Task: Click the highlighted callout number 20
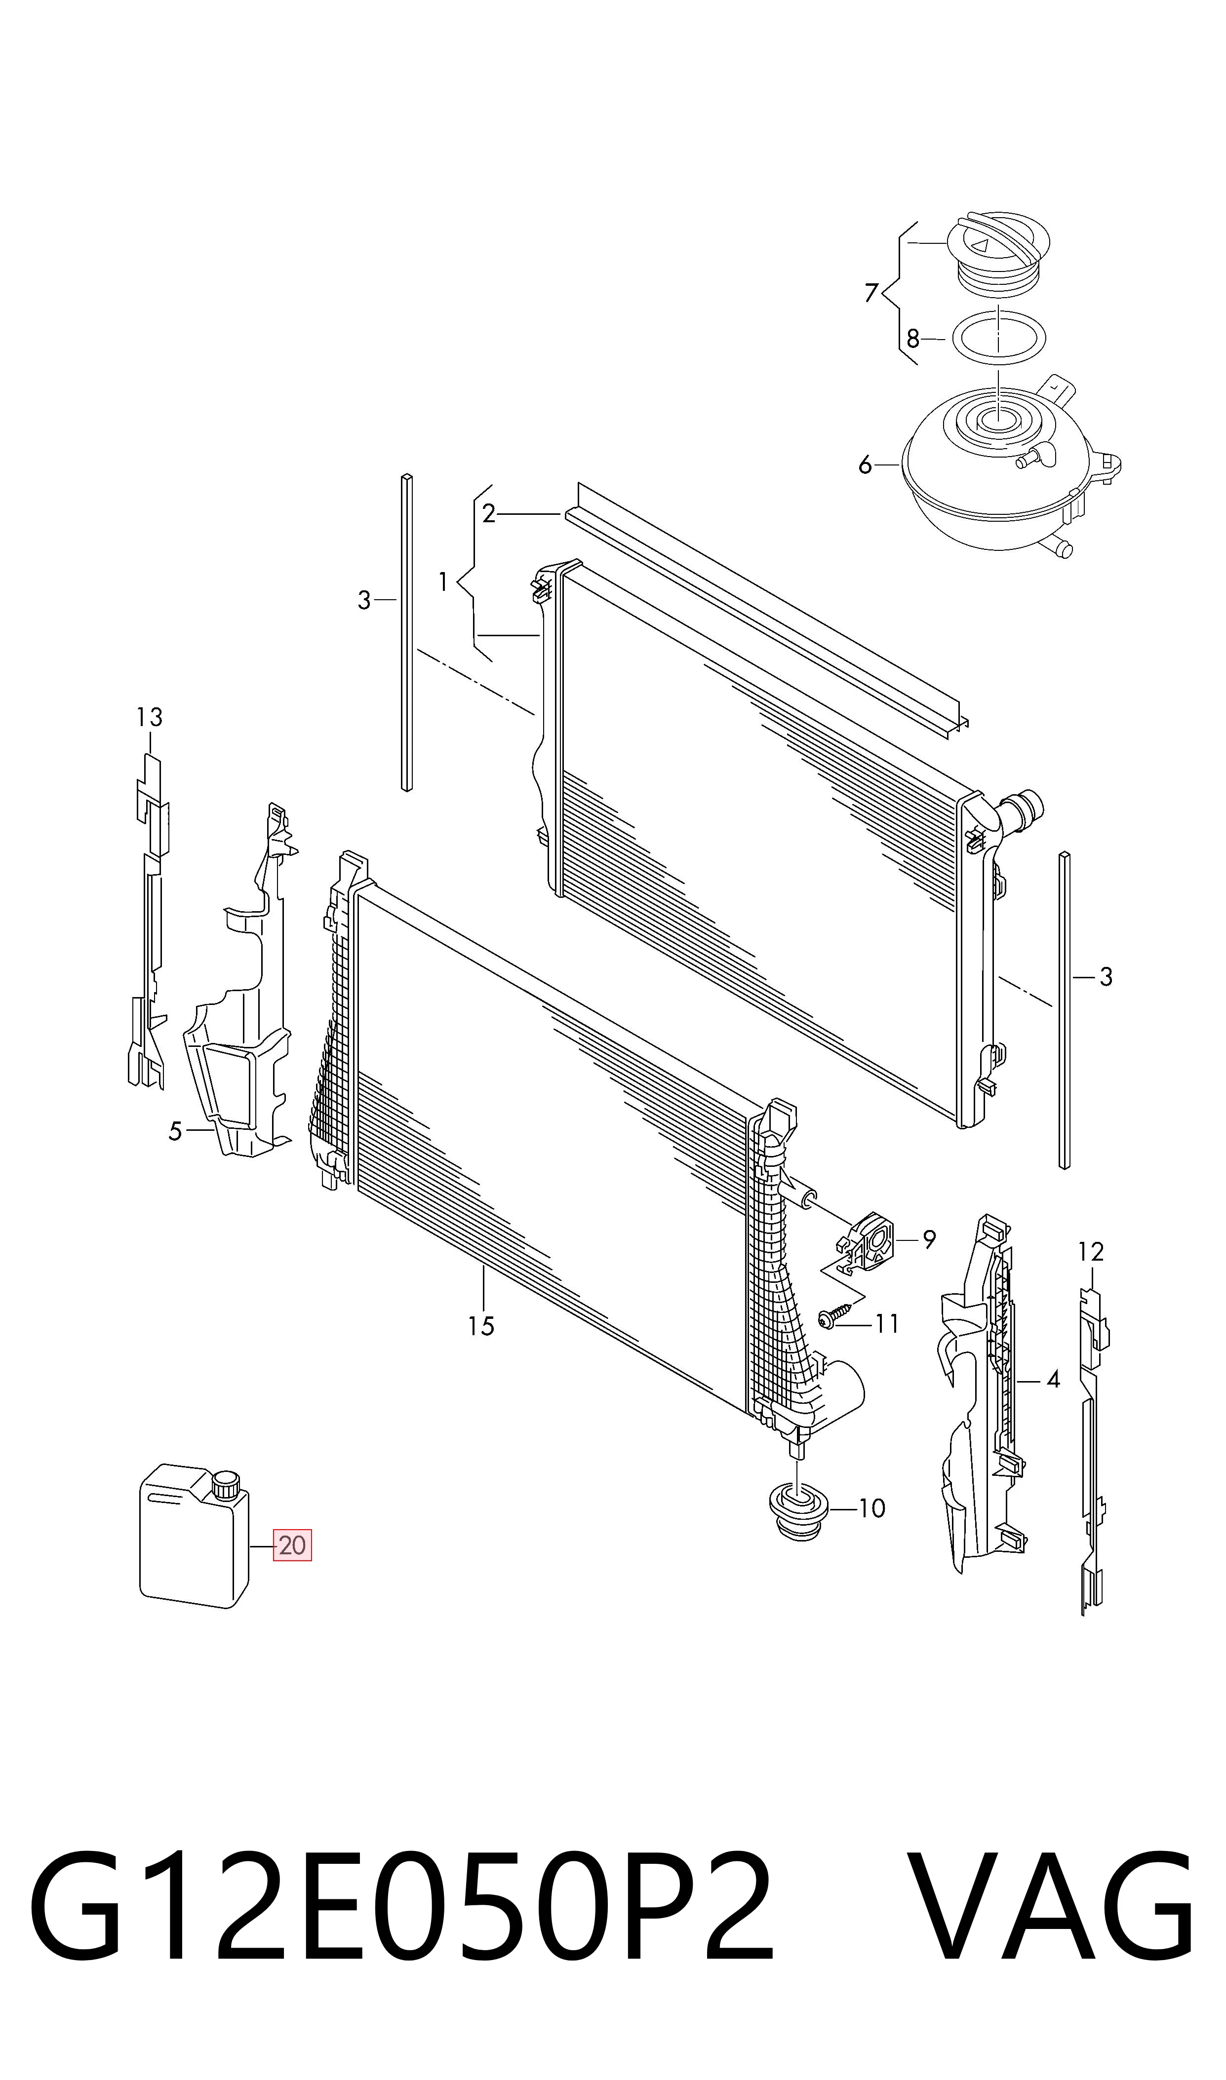point(292,1545)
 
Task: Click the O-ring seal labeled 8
point(999,338)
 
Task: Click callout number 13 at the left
point(150,717)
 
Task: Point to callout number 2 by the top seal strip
point(488,514)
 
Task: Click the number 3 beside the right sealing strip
point(1106,978)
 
